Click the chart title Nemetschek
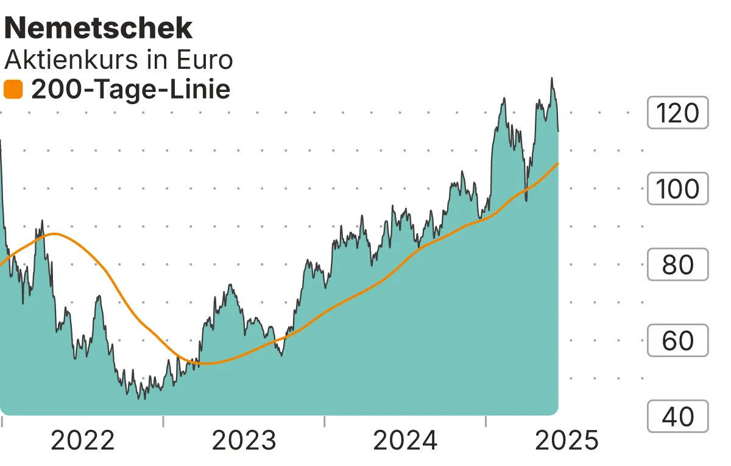coord(99,27)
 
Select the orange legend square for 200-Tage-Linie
coord(13,90)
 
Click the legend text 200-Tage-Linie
coord(130,90)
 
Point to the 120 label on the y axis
coord(677,113)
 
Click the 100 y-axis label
coord(677,189)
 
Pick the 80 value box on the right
coord(677,265)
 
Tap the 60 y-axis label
coord(677,341)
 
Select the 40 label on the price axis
coord(677,417)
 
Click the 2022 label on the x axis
coord(83,440)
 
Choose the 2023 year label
coord(244,440)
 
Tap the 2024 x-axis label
coord(405,440)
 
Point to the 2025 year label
coord(567,440)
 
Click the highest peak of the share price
coord(552,78)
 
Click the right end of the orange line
coord(558,163)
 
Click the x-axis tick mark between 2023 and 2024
coord(325,420)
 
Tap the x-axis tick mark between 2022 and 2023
coord(163,420)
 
